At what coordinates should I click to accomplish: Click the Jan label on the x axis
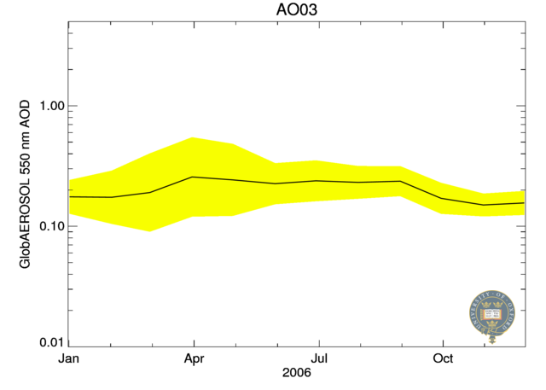click(69, 358)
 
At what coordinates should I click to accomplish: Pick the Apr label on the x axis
click(194, 358)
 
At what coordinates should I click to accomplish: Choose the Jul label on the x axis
click(318, 358)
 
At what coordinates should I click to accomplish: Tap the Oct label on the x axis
click(443, 358)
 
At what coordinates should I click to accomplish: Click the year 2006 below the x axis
click(297, 373)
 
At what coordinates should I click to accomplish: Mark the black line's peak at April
click(194, 177)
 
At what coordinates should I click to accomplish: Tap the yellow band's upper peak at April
click(194, 137)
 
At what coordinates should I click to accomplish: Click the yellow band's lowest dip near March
click(151, 230)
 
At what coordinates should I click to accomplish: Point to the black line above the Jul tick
click(318, 181)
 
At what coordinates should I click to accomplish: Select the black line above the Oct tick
click(443, 198)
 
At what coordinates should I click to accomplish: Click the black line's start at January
click(70, 196)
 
